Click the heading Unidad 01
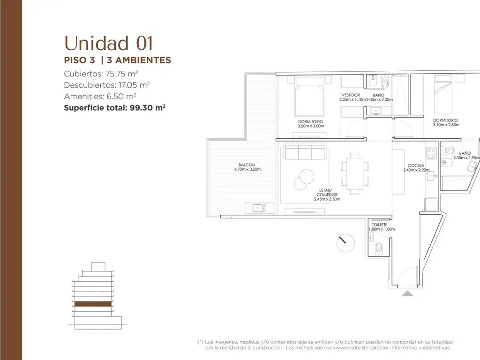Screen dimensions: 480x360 (108, 43)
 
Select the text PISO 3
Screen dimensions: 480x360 (80, 60)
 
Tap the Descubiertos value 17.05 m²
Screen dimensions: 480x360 (134, 85)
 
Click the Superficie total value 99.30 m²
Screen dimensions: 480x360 (148, 108)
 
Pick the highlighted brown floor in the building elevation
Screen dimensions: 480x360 (93, 304)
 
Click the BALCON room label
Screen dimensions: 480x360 (247, 165)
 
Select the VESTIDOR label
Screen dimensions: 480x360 (351, 95)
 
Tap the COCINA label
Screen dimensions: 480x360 (416, 165)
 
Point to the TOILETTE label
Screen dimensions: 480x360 (380, 225)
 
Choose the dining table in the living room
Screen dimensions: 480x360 (355, 173)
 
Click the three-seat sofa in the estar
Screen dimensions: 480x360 (305, 151)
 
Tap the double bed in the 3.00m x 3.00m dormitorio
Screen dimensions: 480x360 (309, 96)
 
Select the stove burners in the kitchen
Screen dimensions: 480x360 (432, 153)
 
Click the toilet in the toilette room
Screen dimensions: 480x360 (379, 248)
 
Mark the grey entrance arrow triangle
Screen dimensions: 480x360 (407, 293)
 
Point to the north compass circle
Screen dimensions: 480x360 (345, 243)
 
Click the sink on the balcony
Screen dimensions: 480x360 (259, 208)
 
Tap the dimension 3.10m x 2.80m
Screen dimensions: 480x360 (446, 125)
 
